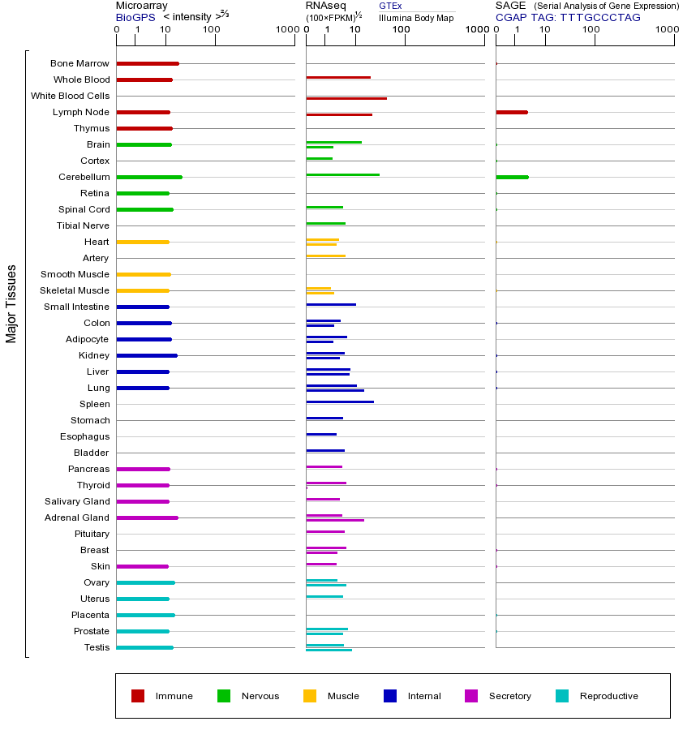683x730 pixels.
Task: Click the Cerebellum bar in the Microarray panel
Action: click(149, 177)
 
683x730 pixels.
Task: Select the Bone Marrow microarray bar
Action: click(148, 63)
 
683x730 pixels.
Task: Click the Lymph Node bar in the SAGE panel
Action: click(512, 112)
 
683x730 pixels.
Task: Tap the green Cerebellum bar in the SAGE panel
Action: click(512, 177)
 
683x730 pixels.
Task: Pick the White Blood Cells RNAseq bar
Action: click(346, 98)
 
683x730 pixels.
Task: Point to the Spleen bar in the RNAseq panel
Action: click(340, 401)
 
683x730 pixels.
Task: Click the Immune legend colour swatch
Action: click(138, 696)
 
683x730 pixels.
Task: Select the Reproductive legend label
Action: click(608, 696)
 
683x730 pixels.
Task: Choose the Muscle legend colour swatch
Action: click(310, 696)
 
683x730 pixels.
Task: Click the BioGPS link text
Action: click(135, 17)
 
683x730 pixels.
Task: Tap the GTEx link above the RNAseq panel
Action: click(390, 6)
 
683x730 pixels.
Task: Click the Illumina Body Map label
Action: click(416, 18)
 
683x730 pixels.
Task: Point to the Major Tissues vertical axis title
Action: click(11, 303)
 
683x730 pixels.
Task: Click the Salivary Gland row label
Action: click(77, 501)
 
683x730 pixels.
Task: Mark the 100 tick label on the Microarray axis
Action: click(211, 30)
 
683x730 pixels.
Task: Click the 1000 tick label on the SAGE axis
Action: click(665, 30)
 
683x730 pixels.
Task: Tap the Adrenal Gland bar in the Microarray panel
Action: click(147, 517)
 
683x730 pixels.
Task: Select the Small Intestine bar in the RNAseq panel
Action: click(331, 304)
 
